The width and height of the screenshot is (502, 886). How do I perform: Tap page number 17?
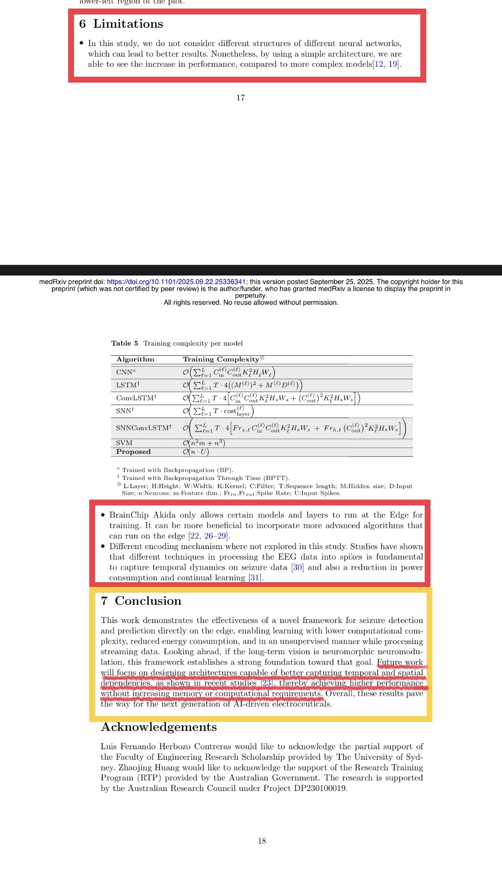tap(240, 98)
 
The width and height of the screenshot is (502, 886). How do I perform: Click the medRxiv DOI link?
tap(176, 282)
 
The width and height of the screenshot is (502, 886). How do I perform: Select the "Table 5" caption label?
tap(124, 343)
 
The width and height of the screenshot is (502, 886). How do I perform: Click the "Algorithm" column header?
tap(135, 359)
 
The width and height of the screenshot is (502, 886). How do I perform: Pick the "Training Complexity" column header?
tap(221, 359)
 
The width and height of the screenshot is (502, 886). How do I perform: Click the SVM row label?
tap(124, 443)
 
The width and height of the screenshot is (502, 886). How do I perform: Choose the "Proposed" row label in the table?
tap(133, 452)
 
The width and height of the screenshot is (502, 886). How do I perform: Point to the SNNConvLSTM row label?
tap(143, 428)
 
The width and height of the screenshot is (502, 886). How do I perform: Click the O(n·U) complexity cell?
tap(196, 452)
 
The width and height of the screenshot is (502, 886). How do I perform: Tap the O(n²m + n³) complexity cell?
tap(204, 443)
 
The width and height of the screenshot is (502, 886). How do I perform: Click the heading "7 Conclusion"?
tap(141, 601)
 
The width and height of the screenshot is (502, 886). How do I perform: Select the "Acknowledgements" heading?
tap(159, 727)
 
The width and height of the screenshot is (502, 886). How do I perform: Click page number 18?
tap(262, 841)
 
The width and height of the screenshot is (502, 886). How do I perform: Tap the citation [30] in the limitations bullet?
tap(298, 567)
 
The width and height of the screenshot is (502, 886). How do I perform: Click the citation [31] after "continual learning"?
tap(255, 578)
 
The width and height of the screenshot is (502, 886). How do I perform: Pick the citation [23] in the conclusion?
tap(267, 683)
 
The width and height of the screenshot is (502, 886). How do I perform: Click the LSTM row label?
tap(127, 385)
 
